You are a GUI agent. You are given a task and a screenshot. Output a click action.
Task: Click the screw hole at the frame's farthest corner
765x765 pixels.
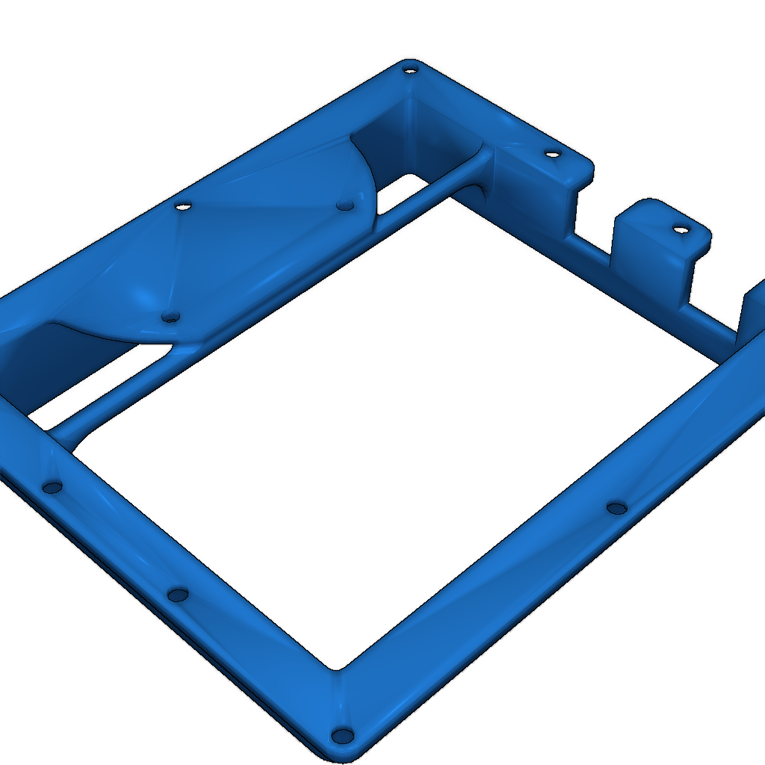coord(409,70)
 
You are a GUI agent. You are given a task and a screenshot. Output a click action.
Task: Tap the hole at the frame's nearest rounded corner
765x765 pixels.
coord(343,736)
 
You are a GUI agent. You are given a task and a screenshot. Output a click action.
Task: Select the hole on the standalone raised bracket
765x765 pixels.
coord(680,229)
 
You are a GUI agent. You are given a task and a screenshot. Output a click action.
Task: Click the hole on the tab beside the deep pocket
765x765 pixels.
coord(552,155)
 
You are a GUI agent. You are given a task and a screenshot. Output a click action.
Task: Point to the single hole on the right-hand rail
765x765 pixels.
coord(616,508)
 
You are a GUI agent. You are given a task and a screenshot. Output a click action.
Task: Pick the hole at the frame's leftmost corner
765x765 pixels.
coord(52,487)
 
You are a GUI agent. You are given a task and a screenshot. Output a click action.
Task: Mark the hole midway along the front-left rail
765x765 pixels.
coord(178,595)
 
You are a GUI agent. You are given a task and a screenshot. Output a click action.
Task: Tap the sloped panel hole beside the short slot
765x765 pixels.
coord(344,204)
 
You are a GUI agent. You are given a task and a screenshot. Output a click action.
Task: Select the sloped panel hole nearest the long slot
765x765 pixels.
coord(170,317)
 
